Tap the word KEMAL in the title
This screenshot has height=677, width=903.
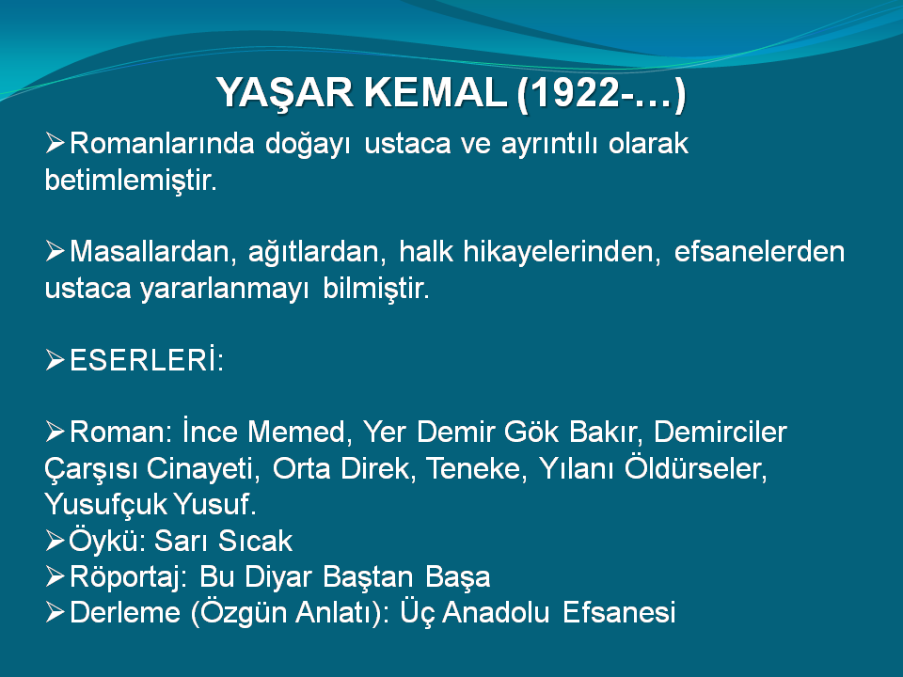click(x=436, y=93)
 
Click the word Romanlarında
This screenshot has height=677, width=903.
click(x=162, y=143)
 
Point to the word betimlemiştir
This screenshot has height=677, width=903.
click(x=131, y=181)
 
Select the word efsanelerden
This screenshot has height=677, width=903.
click(x=759, y=252)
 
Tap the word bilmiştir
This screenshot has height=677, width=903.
click(x=376, y=289)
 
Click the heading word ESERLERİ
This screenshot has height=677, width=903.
click(x=147, y=360)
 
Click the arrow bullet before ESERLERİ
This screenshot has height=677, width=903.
click(x=55, y=360)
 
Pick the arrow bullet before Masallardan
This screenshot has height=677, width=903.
click(x=55, y=252)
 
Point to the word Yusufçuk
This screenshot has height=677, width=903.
click(x=105, y=505)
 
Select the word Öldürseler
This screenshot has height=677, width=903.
click(x=696, y=468)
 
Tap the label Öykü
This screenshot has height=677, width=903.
click(x=106, y=541)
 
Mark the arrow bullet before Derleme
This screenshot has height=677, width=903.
click(x=55, y=612)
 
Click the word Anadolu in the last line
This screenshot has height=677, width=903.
click(x=496, y=612)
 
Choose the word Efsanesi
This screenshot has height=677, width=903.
click(x=619, y=612)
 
